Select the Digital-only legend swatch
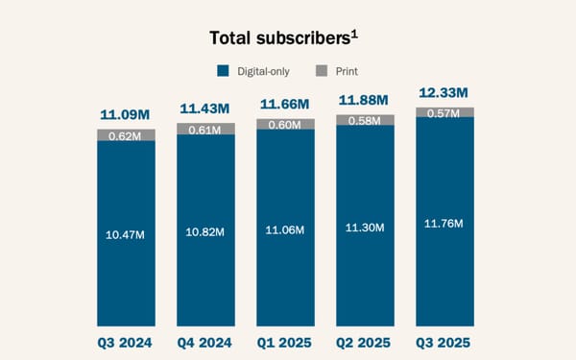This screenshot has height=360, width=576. tap(223, 70)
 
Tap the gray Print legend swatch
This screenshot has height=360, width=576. tap(322, 70)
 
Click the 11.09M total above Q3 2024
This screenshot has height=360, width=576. tap(126, 115)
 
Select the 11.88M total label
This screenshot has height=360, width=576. tap(365, 100)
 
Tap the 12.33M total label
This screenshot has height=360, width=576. tap(444, 93)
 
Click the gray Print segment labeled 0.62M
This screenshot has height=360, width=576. tap(126, 135)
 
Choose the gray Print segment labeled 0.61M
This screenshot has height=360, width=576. tap(205, 130)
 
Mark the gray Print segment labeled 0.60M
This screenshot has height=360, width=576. tap(285, 124)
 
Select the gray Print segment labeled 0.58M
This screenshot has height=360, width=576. tap(365, 119)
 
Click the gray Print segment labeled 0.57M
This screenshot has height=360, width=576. tap(444, 112)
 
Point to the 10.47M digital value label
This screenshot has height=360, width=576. tap(126, 233)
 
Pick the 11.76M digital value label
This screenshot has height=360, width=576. tap(444, 224)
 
